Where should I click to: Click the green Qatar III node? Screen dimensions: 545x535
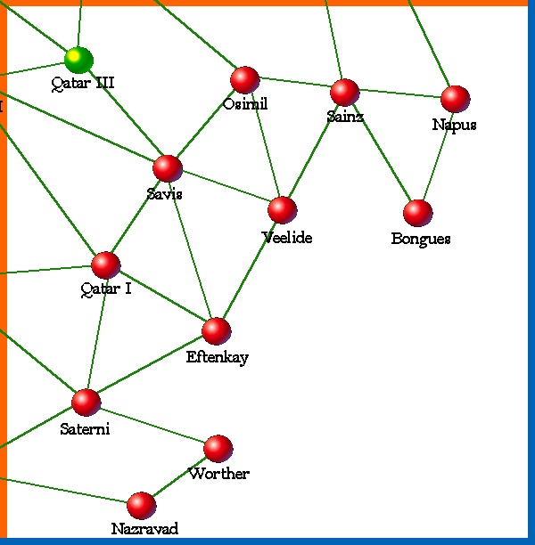coord(78,60)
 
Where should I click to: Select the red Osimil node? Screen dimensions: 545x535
coord(244,80)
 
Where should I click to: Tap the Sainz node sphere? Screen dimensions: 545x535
coord(344,93)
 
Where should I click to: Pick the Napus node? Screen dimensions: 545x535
coord(455,99)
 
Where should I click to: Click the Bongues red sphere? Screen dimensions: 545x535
coord(417,213)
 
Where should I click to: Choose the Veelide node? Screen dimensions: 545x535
coord(282,210)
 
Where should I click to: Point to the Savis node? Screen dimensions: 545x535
coord(167,168)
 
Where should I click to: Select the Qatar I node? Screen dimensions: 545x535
coord(105,265)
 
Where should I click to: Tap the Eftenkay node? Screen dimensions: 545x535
coord(216,331)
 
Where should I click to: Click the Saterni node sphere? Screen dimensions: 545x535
coord(86,403)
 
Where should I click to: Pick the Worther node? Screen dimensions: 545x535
coord(218,449)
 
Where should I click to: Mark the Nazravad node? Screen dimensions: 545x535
coord(141,506)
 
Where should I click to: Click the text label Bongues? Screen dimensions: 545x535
coord(421,239)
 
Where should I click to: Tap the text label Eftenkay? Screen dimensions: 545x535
coord(217,357)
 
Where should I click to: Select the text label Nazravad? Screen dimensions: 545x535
coord(144,529)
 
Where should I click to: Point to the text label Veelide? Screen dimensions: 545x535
coord(287,237)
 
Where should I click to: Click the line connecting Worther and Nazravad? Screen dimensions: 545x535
coord(179,477)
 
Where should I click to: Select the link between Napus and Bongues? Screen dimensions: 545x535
coord(436,156)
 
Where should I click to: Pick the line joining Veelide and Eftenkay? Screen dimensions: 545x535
coord(249,271)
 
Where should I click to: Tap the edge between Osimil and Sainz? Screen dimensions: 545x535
coord(294,86)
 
